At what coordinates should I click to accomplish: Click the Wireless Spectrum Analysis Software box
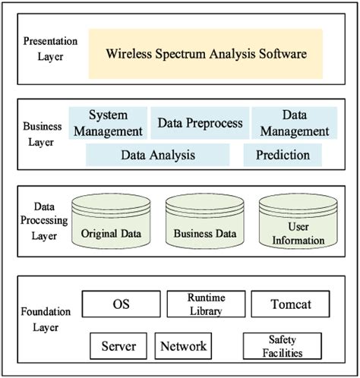click(x=206, y=54)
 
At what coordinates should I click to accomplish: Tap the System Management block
click(x=107, y=123)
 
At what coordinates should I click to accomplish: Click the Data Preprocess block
click(x=201, y=123)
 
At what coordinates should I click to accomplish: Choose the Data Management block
click(x=294, y=123)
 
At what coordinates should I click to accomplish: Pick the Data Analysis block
click(x=158, y=155)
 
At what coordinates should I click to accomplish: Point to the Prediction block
click(x=283, y=155)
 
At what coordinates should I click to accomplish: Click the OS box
click(x=122, y=304)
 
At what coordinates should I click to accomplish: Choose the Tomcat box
click(x=291, y=304)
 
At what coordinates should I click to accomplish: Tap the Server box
click(x=118, y=346)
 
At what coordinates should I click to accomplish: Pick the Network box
click(x=183, y=346)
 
